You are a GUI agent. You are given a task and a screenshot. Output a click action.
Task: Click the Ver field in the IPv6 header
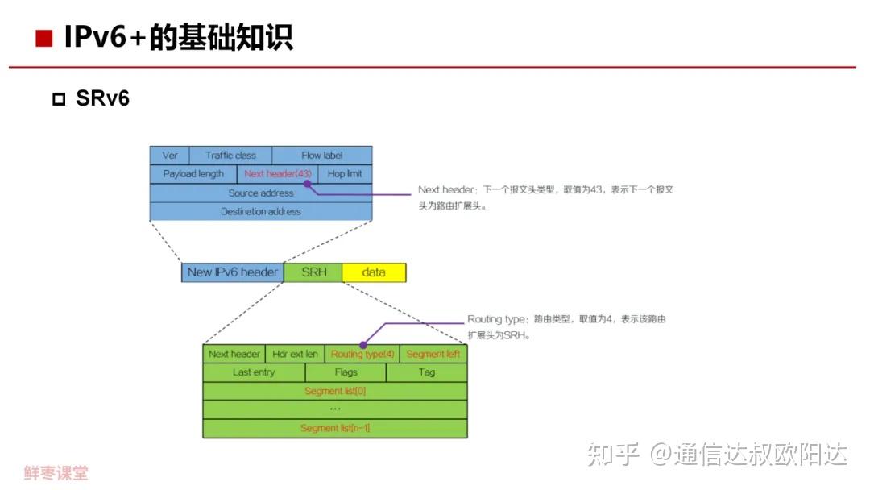(169, 155)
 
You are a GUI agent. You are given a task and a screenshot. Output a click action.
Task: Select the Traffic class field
(230, 155)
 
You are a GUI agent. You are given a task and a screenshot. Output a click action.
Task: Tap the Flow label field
(322, 155)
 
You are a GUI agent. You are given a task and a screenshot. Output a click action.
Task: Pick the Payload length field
(193, 173)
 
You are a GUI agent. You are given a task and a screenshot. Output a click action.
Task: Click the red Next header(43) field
(277, 173)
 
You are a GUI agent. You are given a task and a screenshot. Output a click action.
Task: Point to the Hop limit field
(345, 173)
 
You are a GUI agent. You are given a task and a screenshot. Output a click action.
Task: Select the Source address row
(261, 193)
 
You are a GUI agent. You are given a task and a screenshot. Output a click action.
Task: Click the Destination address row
(261, 211)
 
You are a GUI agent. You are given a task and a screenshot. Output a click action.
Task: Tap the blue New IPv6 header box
(232, 272)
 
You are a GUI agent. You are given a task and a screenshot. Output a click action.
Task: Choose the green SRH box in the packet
(313, 272)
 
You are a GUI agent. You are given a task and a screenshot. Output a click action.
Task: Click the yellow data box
(374, 272)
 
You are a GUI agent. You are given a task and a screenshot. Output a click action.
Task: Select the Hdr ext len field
(295, 354)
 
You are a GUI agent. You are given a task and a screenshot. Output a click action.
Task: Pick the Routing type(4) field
(362, 354)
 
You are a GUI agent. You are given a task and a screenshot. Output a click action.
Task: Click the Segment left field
(433, 354)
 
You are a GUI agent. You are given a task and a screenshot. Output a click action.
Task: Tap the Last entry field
(254, 372)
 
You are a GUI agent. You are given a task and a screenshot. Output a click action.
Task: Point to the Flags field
(346, 372)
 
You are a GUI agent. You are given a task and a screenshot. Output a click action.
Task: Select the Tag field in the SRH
(427, 372)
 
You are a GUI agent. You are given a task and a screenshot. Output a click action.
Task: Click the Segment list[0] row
(334, 391)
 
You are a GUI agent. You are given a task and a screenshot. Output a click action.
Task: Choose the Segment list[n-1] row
(334, 428)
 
